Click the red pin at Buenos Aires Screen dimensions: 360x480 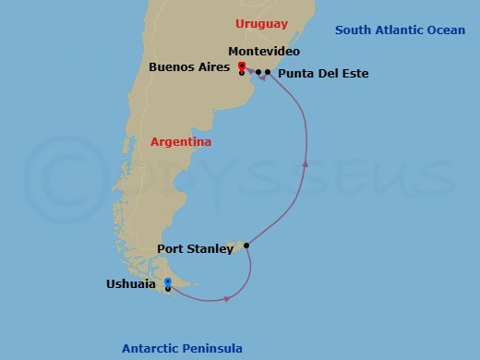point(241,66)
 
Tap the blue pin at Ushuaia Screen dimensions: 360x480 point(167,282)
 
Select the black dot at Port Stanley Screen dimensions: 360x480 point(246,246)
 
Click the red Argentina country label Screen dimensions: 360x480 point(180,141)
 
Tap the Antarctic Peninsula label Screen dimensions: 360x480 point(182,348)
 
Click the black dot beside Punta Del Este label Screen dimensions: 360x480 point(268,72)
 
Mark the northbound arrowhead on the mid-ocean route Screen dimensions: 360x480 point(305,164)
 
